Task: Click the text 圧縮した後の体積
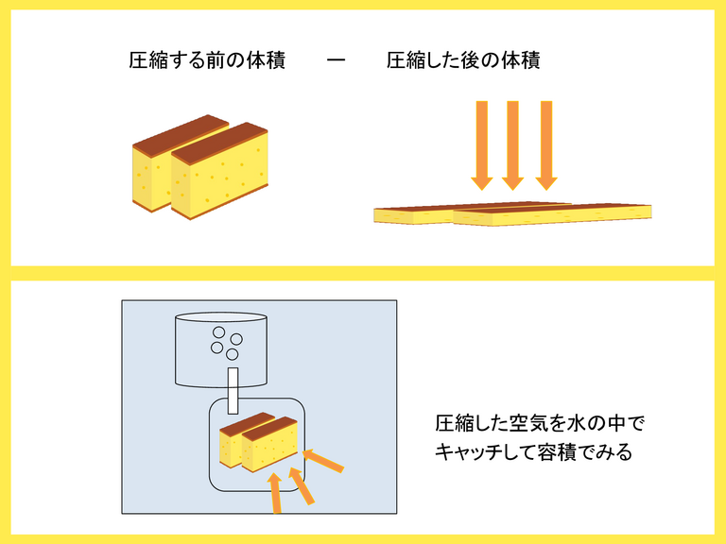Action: click(463, 62)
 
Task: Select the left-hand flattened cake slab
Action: click(416, 215)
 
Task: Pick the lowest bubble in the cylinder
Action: click(230, 355)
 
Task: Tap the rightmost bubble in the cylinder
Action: click(236, 339)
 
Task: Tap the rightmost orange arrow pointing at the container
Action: click(325, 461)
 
